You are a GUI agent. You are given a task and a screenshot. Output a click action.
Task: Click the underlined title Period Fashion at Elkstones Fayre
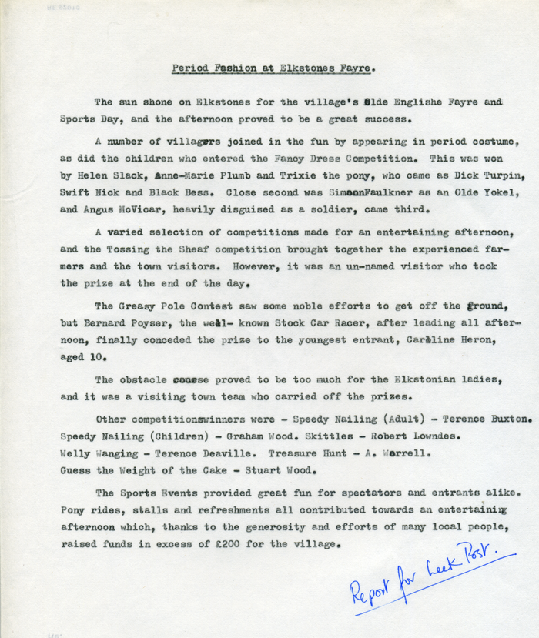tap(273, 68)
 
